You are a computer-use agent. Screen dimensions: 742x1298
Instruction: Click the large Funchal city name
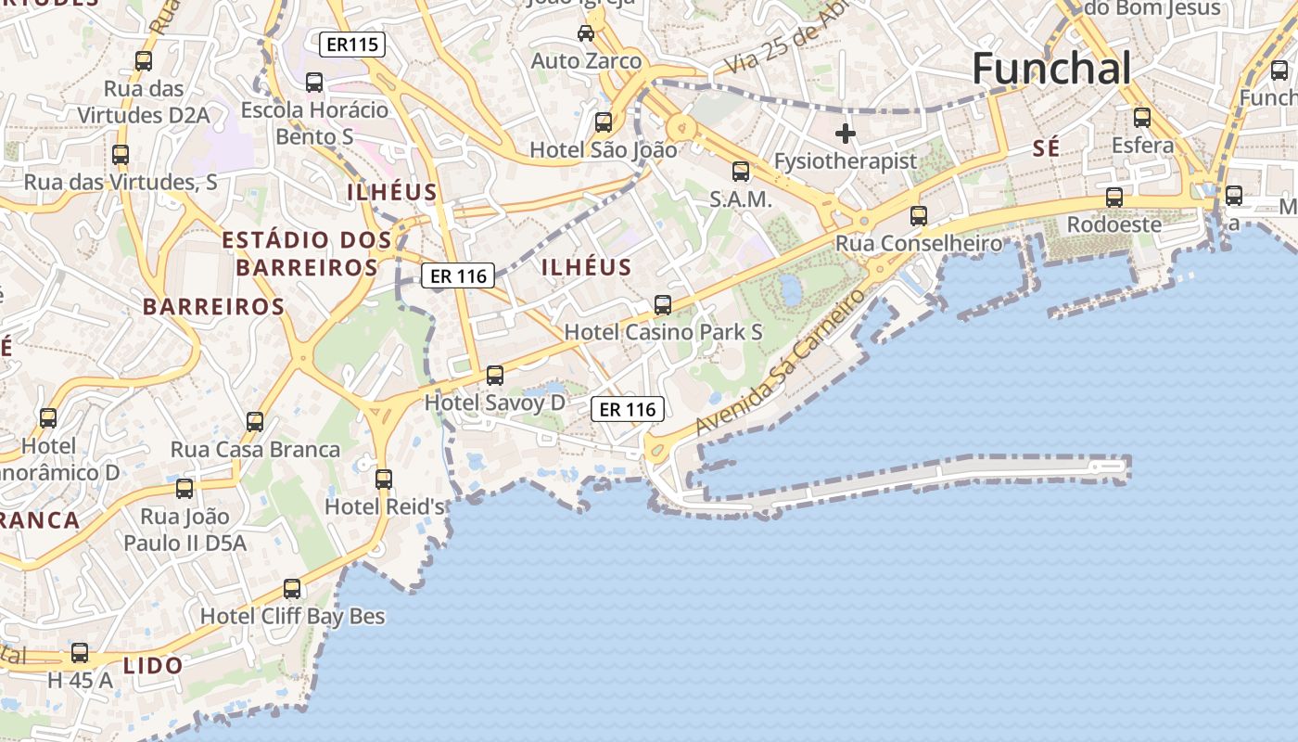(1051, 69)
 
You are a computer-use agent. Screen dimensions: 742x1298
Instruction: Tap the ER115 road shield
(351, 45)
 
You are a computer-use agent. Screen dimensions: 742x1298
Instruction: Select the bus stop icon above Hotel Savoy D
(495, 375)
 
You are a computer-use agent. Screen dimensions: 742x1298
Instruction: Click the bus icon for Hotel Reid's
(384, 480)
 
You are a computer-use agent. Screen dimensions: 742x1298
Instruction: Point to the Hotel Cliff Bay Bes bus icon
(292, 588)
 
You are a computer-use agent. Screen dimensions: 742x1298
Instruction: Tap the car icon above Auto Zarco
(586, 33)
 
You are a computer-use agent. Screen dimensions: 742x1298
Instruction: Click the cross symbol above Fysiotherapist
(845, 134)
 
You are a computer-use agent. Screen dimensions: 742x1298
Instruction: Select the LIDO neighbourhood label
(153, 665)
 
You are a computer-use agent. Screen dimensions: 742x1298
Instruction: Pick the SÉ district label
(1046, 148)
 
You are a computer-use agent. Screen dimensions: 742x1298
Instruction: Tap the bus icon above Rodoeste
(1114, 197)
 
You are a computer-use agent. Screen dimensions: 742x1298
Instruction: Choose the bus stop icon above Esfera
(1142, 118)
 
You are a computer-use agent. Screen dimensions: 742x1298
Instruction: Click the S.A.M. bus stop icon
(741, 171)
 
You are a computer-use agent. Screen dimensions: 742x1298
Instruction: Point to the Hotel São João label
(603, 149)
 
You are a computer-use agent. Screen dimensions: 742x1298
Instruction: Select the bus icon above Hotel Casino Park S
(663, 304)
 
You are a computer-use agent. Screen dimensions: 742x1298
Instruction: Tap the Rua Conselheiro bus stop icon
(919, 216)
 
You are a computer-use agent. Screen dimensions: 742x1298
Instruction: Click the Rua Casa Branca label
(255, 450)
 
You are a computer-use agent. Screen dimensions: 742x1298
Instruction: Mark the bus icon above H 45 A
(80, 653)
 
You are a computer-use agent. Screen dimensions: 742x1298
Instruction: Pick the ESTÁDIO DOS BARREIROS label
(306, 253)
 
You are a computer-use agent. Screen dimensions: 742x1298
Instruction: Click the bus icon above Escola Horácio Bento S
(314, 83)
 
